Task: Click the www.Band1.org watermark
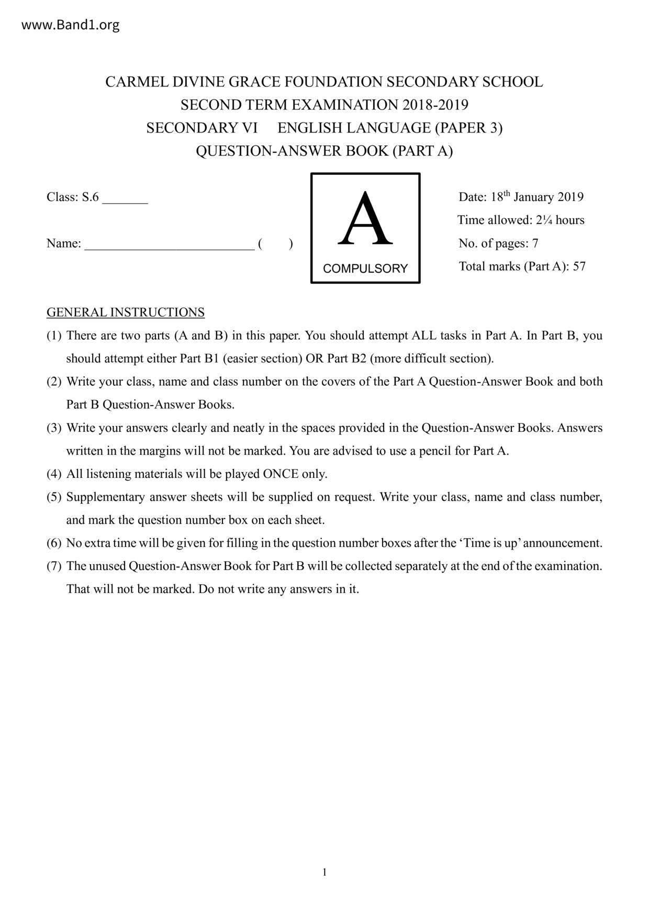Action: click(70, 25)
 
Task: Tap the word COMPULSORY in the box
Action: click(365, 268)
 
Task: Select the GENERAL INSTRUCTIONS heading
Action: click(126, 312)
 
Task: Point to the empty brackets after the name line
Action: click(275, 244)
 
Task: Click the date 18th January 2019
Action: click(536, 197)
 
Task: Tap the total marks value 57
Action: click(579, 266)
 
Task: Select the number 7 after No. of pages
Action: click(535, 243)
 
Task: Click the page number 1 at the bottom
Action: click(324, 872)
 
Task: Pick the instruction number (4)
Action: click(54, 474)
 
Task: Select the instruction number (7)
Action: click(54, 566)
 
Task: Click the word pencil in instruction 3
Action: click(435, 451)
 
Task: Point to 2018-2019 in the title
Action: click(435, 105)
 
